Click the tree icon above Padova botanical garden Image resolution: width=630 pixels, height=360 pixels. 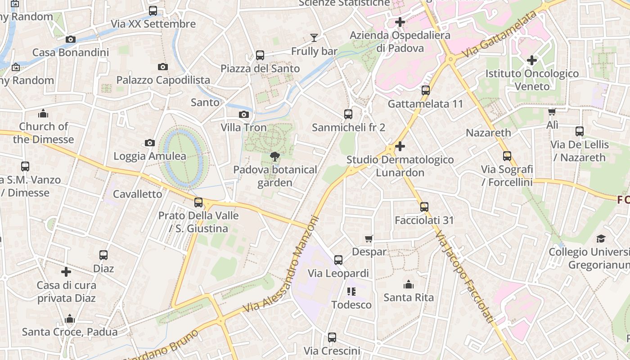pos(274,157)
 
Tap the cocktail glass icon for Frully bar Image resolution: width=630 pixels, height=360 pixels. pos(314,38)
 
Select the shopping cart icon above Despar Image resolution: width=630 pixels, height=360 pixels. pos(369,238)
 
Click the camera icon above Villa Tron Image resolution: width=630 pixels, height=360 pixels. pos(244,114)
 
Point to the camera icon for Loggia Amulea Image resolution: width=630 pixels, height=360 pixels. pos(150,143)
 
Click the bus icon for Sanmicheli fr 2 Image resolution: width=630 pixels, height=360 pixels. pos(348,114)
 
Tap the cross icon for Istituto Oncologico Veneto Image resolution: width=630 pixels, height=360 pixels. pos(532,60)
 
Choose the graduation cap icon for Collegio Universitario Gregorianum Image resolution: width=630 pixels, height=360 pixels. pos(601,238)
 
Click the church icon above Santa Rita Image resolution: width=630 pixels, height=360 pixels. pos(409,284)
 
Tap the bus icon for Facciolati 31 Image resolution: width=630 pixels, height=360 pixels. pos(424,207)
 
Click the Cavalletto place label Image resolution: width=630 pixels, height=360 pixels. pos(137,194)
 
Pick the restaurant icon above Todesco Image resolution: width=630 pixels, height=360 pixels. pos(351,292)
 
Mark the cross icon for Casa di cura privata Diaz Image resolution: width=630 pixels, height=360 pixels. pos(66,272)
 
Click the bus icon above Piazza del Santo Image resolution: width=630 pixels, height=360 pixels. pos(260,55)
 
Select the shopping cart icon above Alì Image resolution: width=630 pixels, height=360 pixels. pos(552,112)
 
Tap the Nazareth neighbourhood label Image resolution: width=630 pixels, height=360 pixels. pos(488,133)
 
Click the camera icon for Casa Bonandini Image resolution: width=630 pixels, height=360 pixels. pos(71,39)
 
